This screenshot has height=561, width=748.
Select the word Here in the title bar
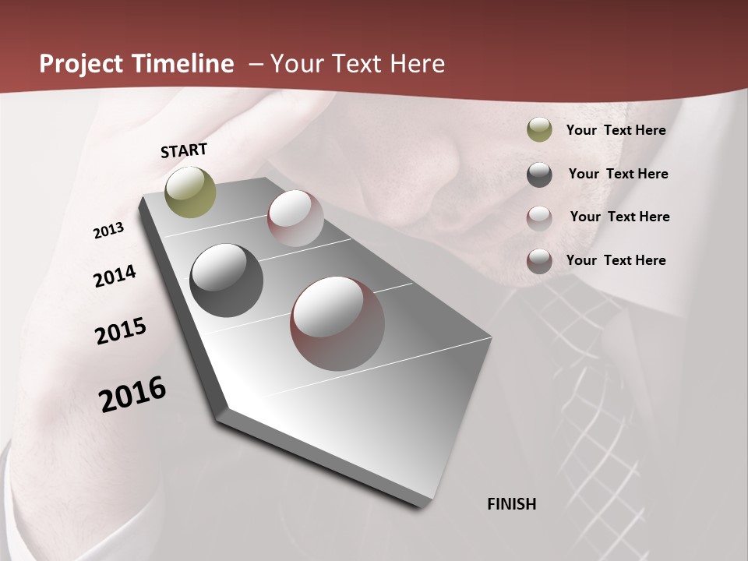(417, 64)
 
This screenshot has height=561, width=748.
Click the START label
(184, 150)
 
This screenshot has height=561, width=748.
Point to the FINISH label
(511, 504)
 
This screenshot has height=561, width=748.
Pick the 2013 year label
(108, 231)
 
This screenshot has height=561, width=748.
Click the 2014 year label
(115, 276)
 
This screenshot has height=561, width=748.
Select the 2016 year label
(132, 394)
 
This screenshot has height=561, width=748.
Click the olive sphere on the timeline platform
(190, 192)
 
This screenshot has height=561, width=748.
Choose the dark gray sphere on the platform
(226, 280)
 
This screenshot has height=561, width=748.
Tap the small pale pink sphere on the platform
(295, 218)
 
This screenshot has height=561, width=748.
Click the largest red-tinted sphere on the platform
(337, 323)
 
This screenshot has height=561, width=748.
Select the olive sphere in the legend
(539, 130)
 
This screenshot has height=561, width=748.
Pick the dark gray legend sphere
(539, 175)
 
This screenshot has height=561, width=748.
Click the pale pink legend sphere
(539, 218)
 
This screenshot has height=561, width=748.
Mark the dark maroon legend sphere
(539, 261)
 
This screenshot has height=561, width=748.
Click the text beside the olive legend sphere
(616, 130)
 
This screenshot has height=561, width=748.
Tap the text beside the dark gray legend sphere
(618, 174)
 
